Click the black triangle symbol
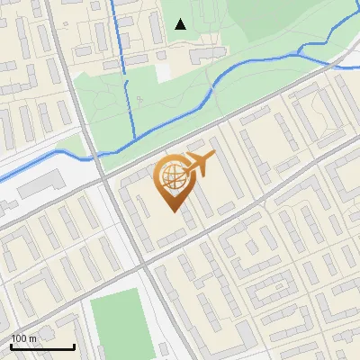pyautogui.click(x=180, y=24)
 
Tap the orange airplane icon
pyautogui.click(x=200, y=165)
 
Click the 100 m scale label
pyautogui.click(x=23, y=338)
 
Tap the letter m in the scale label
pyautogui.click(x=33, y=338)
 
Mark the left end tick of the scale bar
pyautogui.click(x=11, y=346)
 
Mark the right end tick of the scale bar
pyautogui.click(x=74, y=346)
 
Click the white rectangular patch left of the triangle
pyautogui.click(x=162, y=71)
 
